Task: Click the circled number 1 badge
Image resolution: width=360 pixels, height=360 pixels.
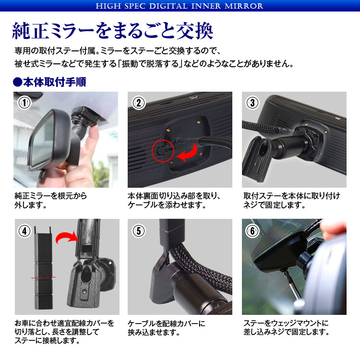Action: (24, 103)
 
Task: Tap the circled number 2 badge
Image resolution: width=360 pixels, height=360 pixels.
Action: (139, 103)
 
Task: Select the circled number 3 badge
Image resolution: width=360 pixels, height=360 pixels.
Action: (252, 103)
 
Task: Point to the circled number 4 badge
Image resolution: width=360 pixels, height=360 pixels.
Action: (24, 231)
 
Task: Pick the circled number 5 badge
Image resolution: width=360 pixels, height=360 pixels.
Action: (139, 231)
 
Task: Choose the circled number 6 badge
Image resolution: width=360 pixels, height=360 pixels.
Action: (252, 231)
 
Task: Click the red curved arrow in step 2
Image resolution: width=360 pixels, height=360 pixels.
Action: (192, 154)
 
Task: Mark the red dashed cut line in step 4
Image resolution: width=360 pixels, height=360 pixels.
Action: (43, 277)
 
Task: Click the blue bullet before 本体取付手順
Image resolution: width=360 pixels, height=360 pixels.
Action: (17, 82)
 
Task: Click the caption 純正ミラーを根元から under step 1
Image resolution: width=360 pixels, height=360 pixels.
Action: (51, 196)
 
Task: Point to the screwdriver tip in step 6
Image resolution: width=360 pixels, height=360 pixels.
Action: (286, 272)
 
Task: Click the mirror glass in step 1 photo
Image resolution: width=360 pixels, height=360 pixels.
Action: (41, 143)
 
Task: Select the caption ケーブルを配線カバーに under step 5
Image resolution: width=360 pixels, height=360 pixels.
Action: (167, 324)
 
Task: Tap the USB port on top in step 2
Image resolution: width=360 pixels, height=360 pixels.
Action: (194, 97)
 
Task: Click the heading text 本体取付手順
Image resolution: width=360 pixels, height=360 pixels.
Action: (54, 82)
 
